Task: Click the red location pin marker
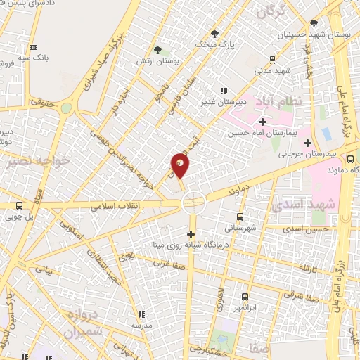coord(180,165)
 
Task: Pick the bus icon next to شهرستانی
coord(240,217)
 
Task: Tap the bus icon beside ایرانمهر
coord(245,297)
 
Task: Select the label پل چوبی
coord(19,217)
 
